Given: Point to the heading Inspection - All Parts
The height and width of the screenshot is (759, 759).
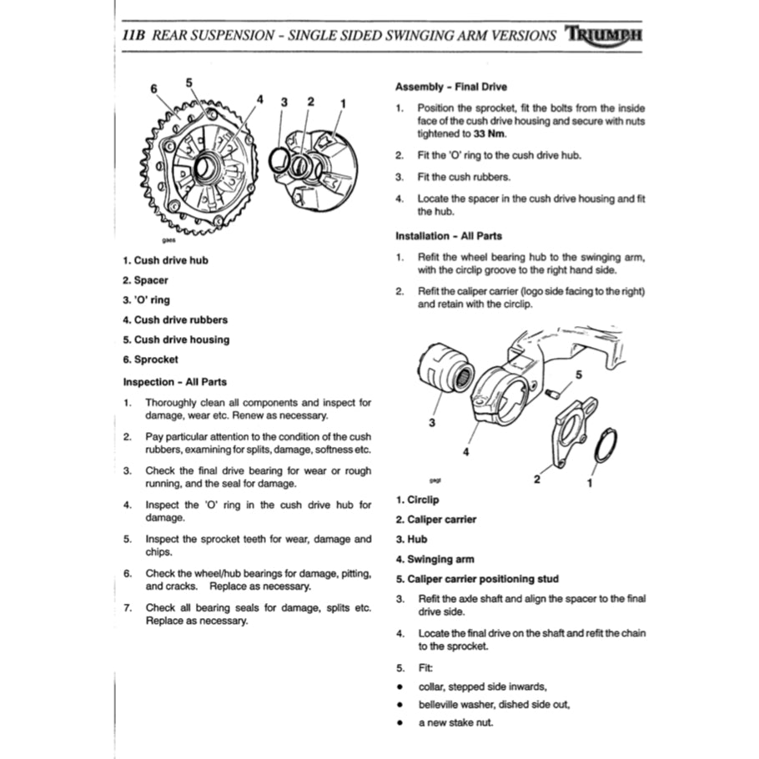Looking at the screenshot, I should point(174,382).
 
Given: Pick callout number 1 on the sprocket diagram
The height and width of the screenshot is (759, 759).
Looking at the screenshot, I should point(343,103).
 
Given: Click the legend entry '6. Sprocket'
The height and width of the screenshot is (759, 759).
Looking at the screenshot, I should point(150,359).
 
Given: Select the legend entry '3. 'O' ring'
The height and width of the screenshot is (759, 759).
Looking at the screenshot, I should point(146,299).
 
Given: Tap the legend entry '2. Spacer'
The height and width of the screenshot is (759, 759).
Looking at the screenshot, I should point(145,280).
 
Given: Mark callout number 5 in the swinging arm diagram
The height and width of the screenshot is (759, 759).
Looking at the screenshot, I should point(580,374).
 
